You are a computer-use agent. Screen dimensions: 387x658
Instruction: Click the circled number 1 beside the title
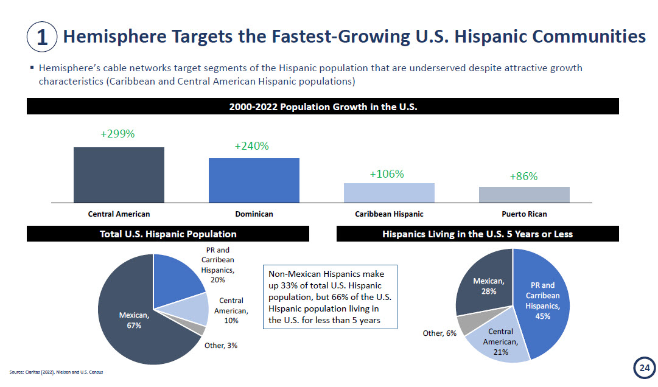pos(42,37)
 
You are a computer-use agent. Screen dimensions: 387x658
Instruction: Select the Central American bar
pos(119,175)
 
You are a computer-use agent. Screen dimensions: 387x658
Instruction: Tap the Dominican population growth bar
pos(254,180)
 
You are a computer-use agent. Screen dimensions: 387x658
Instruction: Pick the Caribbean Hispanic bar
pos(389,193)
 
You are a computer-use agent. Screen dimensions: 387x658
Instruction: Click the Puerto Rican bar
pos(524,195)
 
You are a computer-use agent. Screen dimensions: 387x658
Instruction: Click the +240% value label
pos(251,146)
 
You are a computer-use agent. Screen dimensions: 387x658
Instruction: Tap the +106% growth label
pos(387,174)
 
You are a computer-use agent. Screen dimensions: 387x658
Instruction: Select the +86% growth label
pos(523,176)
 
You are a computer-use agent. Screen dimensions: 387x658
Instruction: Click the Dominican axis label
pos(254,214)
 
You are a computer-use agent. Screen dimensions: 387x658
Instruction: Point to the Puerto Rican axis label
pos(524,214)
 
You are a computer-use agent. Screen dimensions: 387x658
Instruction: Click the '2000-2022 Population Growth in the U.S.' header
pos(323,106)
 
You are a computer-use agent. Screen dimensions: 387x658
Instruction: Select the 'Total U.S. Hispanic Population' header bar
pos(168,234)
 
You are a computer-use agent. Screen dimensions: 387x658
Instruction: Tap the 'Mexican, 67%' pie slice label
pos(134,320)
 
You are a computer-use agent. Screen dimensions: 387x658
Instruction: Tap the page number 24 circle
pos(644,368)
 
